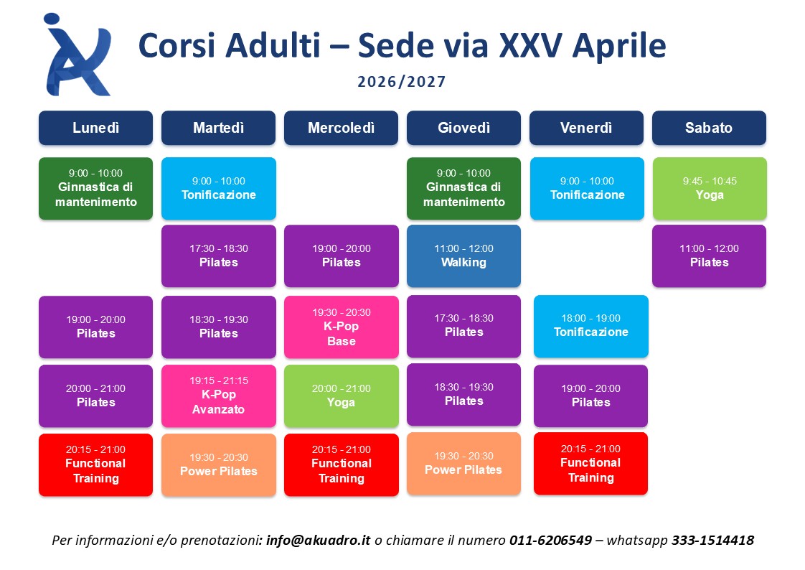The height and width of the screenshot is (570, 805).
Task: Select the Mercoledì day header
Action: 341,128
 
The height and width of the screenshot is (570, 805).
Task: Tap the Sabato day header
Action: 709,128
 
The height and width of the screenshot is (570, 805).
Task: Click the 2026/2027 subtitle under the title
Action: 402,82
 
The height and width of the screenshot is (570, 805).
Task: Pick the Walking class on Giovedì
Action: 463,256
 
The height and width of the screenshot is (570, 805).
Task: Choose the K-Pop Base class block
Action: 342,327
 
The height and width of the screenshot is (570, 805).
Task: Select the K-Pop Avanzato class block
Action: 219,396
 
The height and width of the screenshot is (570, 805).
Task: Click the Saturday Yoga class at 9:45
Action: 710,189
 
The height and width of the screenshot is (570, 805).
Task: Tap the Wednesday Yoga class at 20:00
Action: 342,396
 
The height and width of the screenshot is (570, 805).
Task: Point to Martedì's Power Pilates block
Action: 219,464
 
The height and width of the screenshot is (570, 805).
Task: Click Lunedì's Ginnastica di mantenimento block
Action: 95,189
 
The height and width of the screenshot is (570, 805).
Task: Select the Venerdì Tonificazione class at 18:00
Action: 591,326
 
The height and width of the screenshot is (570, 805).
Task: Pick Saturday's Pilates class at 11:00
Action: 709,256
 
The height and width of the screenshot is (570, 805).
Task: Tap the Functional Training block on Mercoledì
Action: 342,464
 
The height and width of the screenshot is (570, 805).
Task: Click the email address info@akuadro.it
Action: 319,541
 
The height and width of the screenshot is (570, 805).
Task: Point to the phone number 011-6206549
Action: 550,541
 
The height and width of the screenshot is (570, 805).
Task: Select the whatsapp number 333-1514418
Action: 712,541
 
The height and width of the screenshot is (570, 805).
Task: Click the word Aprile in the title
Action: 618,46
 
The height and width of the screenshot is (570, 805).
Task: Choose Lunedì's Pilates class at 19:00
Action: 95,327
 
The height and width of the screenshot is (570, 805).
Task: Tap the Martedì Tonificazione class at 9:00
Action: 219,189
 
